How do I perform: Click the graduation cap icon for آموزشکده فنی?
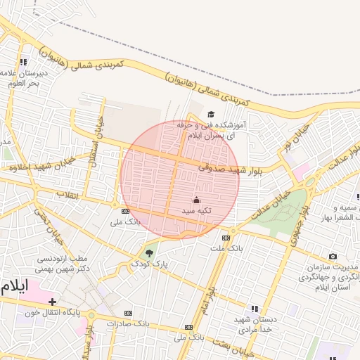[x=211, y=115]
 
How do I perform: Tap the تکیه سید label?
[x=196, y=210]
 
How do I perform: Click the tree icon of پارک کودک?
[x=148, y=253]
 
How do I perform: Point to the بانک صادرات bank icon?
[x=128, y=313]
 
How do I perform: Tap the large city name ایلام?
[x=15, y=286]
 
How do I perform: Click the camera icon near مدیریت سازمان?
[x=333, y=257]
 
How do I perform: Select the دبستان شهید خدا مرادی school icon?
[x=255, y=309]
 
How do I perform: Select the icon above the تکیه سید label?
[x=196, y=200]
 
